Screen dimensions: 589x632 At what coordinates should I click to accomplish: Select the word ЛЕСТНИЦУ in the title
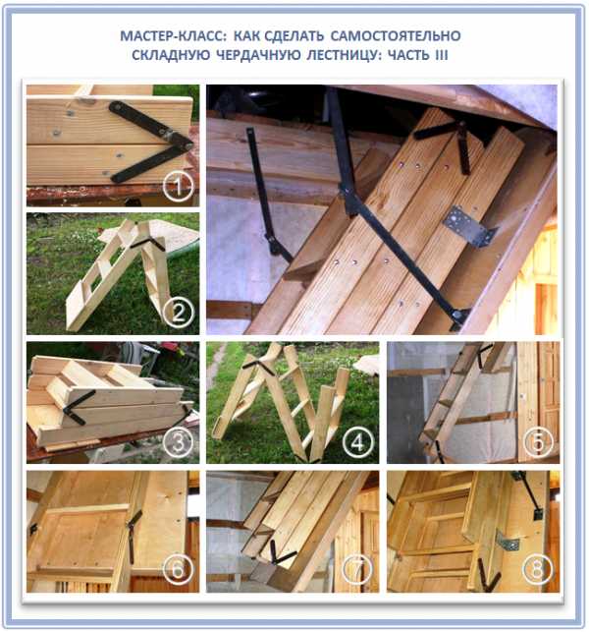(344, 55)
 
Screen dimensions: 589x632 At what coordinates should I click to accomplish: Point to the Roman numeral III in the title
(441, 55)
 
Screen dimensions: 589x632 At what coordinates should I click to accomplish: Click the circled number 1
(178, 186)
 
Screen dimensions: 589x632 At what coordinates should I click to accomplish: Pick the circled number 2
(179, 313)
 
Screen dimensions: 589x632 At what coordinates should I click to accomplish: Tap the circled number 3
(179, 442)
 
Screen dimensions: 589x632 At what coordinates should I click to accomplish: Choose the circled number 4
(357, 442)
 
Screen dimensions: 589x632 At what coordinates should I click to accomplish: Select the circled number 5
(538, 442)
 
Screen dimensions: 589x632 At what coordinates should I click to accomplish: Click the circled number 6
(179, 569)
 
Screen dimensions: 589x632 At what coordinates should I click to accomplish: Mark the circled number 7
(357, 569)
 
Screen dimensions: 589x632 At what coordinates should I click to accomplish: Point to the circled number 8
(538, 569)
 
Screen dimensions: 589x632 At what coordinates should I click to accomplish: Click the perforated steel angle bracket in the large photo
(469, 226)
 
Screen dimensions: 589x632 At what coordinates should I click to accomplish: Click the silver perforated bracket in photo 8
(508, 542)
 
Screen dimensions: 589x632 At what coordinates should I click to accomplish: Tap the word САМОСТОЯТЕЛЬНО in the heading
(396, 36)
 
